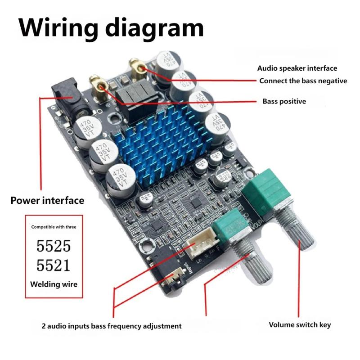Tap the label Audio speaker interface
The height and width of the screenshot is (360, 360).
pos(297,68)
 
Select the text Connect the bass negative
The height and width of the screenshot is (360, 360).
pos(309,81)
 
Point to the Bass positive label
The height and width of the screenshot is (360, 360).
pos(284,101)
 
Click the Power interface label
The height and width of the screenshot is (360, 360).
pos(47,200)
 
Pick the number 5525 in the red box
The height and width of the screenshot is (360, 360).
pos(54,246)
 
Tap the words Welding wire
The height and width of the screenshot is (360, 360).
pos(54,284)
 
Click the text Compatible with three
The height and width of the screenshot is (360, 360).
pos(54,227)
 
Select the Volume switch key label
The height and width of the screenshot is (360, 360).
pos(300,324)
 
